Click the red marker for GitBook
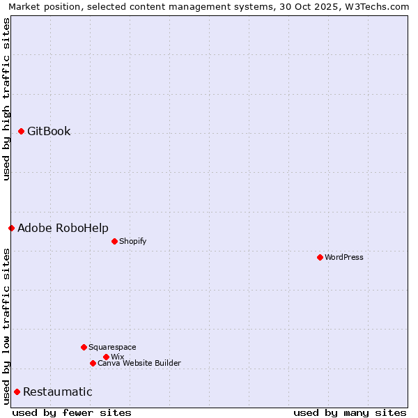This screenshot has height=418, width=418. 22,131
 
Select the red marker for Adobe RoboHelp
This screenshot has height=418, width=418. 12,228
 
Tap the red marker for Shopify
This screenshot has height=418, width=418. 115,241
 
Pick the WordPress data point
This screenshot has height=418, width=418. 320,257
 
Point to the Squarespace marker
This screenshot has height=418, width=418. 84,347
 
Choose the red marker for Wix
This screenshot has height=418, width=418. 107,357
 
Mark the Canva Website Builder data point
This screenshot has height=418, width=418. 93,363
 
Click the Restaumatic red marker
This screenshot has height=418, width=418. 17,392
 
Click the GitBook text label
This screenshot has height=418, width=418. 49,131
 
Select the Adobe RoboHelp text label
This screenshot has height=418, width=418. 63,228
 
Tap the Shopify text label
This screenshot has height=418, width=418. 132,241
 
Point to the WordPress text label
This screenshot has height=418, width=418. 344,257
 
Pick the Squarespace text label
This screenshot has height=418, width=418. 112,347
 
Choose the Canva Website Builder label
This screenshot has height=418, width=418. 139,363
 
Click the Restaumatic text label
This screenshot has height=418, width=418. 57,392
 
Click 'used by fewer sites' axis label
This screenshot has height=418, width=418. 72,412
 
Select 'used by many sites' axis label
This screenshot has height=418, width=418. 350,412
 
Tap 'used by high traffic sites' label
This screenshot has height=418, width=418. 6,99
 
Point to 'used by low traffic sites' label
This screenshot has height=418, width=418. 6,325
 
